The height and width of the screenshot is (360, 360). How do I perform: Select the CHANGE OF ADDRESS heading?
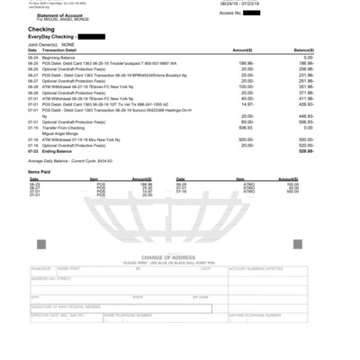[x=180, y=258]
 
